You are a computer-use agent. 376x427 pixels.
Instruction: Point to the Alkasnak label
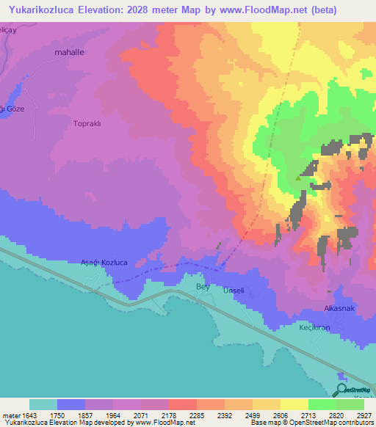[340, 309]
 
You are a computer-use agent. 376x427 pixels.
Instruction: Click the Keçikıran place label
[314, 327]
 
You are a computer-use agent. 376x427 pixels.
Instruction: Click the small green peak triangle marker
[297, 178]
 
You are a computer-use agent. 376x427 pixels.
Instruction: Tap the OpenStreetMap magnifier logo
[341, 389]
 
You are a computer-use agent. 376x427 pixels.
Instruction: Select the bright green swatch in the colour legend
[322, 404]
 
